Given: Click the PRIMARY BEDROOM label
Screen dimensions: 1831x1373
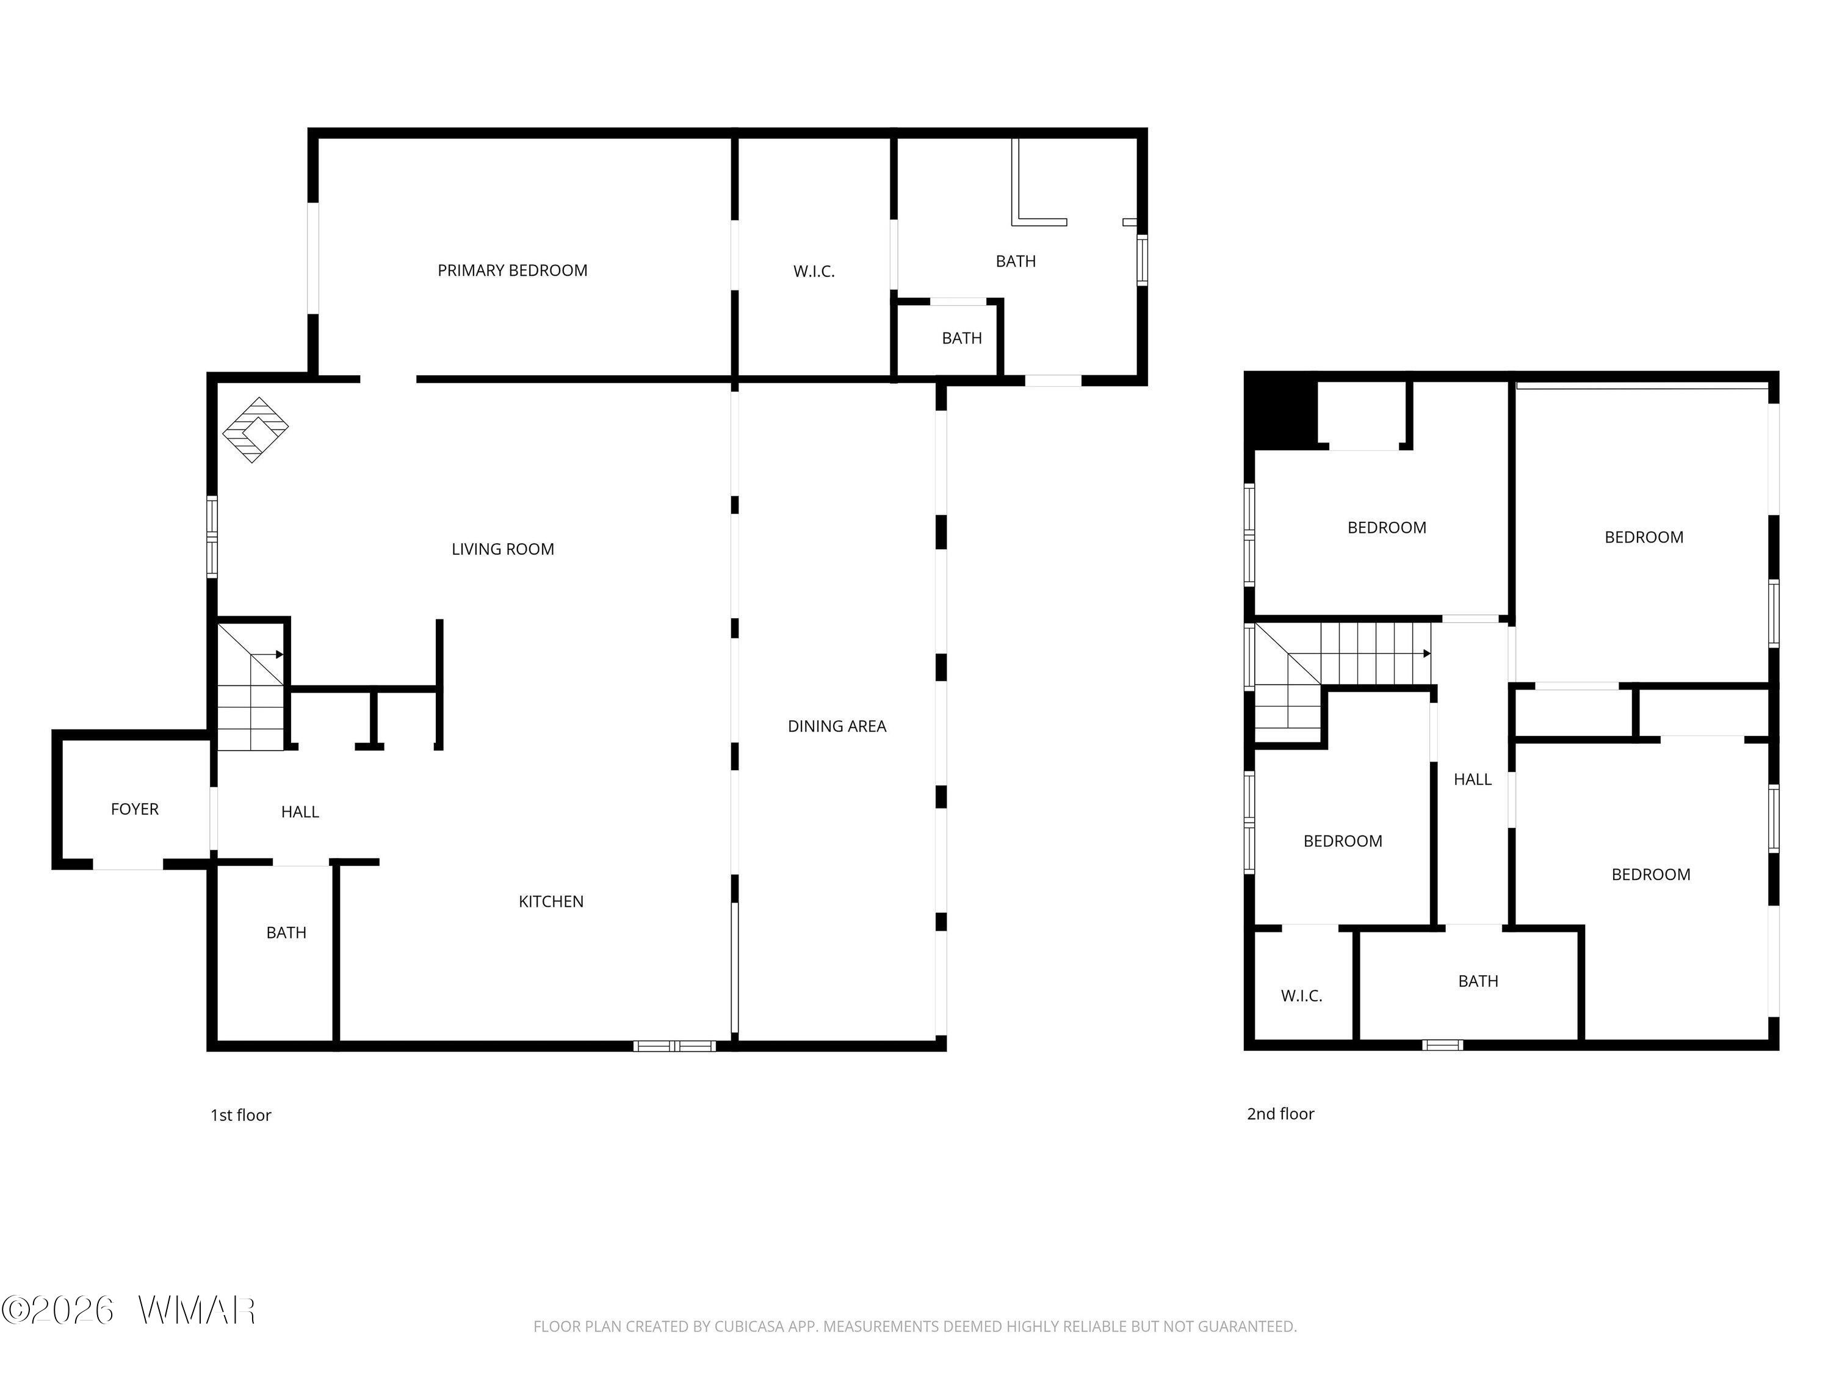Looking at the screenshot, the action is (513, 270).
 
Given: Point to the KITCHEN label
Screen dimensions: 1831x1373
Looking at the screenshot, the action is (551, 902).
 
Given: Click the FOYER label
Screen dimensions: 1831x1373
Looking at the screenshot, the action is (135, 809).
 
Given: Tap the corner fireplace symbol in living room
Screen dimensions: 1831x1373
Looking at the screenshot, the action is (256, 430).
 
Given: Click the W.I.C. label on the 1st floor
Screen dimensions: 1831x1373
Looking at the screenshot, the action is (814, 272).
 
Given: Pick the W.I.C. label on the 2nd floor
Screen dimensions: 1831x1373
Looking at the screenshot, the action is (1301, 996).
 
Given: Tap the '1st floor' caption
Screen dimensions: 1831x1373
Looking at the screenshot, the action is (241, 1115).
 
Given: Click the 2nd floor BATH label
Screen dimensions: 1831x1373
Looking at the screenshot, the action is (1478, 981).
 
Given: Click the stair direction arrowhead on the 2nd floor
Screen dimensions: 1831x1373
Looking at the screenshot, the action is (1427, 654).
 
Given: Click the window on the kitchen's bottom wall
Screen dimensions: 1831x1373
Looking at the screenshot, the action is (674, 1046).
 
